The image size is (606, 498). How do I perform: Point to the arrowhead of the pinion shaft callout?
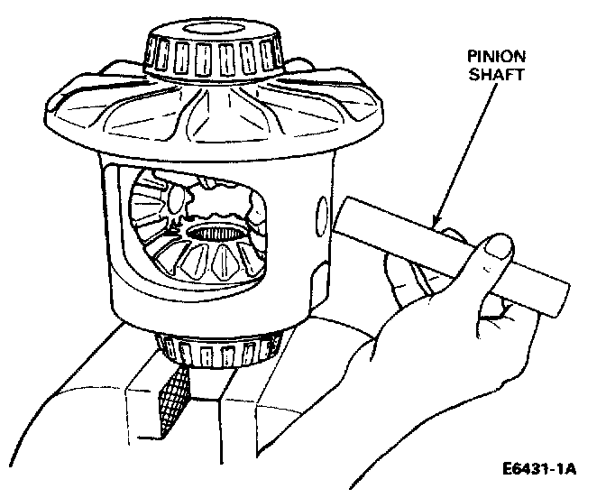point(436,221)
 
